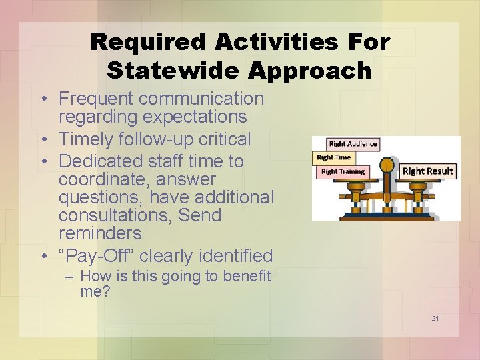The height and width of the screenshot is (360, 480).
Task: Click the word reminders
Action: click(x=100, y=233)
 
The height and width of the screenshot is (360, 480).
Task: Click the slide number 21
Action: click(x=435, y=319)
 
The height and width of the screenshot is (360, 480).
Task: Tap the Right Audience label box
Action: click(x=353, y=143)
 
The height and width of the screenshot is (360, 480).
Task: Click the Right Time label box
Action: click(x=333, y=157)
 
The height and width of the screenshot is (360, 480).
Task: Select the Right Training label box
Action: click(x=343, y=171)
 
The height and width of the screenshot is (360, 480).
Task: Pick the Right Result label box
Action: click(x=427, y=171)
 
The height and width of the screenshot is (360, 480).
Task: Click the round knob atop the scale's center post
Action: click(x=387, y=165)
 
